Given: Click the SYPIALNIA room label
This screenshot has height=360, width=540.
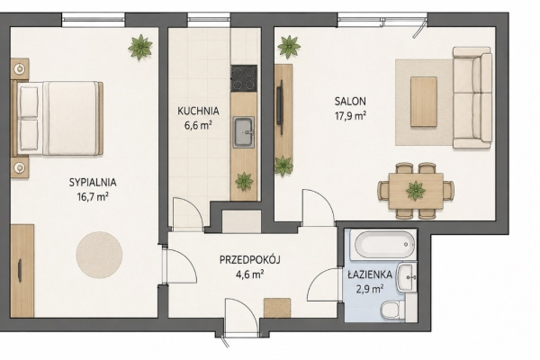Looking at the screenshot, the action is tap(93, 182).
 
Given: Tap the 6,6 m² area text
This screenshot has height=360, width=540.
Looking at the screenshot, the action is tap(198, 125).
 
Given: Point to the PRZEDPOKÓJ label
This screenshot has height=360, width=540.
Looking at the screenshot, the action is tap(249, 259).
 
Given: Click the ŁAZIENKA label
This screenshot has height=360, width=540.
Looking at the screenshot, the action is tap(370, 274).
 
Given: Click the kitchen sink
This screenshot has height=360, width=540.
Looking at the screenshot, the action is tap(244, 132).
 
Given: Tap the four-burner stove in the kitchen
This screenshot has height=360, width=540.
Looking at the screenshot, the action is tap(244, 78).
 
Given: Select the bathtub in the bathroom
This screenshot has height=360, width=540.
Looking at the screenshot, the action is tap(383, 245).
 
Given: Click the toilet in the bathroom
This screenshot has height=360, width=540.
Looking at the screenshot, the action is tap(393, 310).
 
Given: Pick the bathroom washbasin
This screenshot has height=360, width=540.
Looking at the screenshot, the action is tap(407, 278).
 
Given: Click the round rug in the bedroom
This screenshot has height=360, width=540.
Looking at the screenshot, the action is tap(99, 255).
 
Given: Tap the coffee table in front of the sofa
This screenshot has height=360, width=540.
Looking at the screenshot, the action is tap(424, 102).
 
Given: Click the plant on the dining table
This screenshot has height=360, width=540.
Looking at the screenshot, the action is tap(416, 191).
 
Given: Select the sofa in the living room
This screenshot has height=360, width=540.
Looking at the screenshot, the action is tap(472, 98).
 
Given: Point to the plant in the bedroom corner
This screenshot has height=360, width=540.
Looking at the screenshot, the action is tap(140, 47).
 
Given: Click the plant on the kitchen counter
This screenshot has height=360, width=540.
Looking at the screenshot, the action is tap(244, 181).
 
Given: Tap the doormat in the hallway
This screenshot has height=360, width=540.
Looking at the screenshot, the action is tap(277, 308).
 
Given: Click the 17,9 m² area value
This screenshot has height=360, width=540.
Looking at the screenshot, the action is tap(350, 116).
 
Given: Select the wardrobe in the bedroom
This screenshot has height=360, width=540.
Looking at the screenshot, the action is tap(22, 271).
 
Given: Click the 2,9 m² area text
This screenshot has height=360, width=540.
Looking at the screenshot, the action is tap(370, 289).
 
